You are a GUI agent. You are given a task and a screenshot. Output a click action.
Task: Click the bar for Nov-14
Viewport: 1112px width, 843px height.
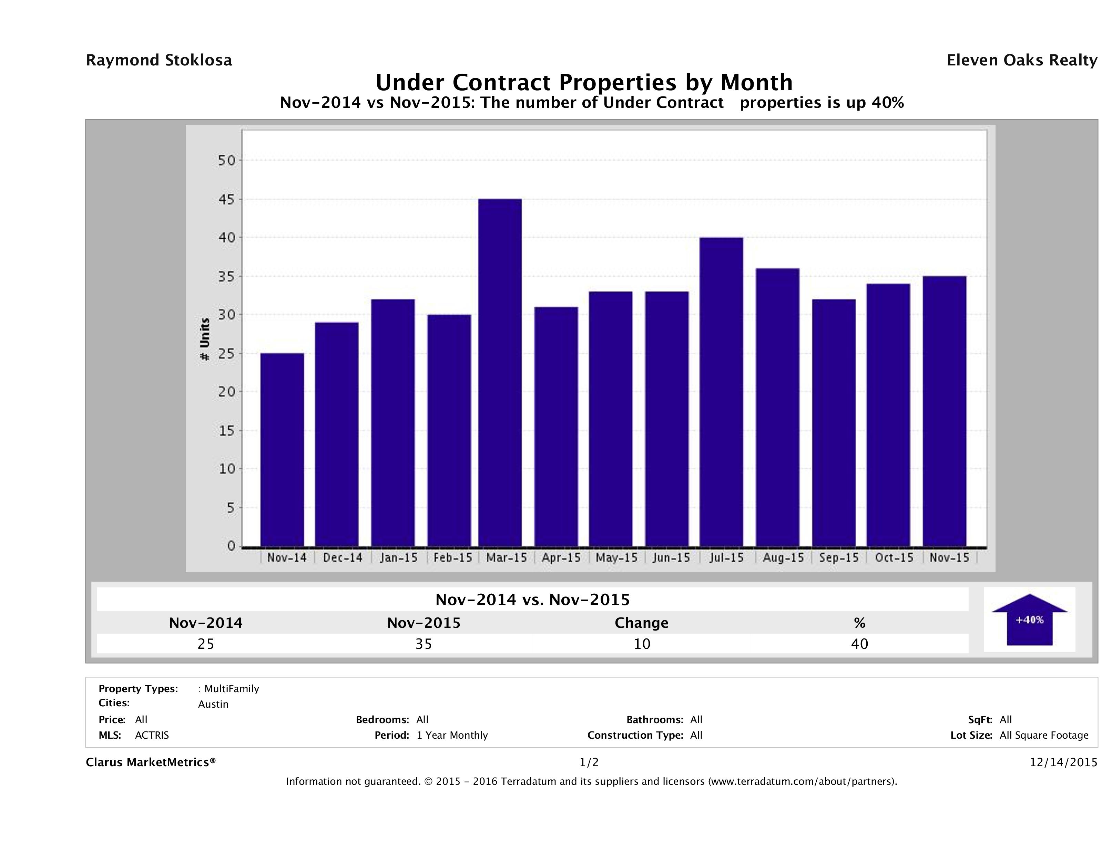tap(282, 450)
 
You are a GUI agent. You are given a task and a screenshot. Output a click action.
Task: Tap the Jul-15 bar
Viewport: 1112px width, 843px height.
tap(721, 392)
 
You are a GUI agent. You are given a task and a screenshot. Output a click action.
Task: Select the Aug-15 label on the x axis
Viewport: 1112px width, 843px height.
tap(783, 558)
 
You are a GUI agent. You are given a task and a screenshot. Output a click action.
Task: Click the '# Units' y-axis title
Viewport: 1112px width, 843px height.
tap(205, 339)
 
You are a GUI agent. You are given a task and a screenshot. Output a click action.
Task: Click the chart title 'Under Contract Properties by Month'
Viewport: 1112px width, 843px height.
tap(584, 82)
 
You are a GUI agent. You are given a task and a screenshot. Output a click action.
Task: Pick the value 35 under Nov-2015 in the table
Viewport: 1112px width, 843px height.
tap(424, 644)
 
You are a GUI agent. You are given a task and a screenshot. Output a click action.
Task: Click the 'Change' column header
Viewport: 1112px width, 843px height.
tap(642, 623)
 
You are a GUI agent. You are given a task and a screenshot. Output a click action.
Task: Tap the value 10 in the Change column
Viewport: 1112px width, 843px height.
tap(642, 644)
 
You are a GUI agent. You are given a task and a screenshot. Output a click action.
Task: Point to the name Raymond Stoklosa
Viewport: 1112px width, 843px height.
tap(159, 60)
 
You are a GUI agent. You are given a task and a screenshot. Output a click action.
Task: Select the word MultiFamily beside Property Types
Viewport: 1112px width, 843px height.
tap(231, 689)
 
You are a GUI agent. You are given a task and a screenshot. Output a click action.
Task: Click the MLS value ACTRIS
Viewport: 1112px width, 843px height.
tap(152, 736)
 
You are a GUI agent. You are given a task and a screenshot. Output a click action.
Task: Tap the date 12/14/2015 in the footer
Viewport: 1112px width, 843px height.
tap(1063, 763)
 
